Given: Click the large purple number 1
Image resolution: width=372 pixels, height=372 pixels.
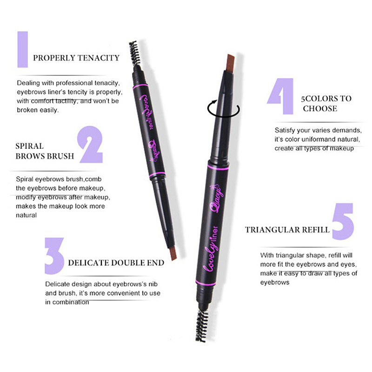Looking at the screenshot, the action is tap(22, 49).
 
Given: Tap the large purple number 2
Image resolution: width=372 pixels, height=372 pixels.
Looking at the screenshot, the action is tap(91, 144).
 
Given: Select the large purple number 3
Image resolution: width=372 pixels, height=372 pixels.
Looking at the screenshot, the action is tap(54, 256).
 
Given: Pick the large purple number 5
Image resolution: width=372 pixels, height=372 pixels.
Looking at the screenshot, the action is tap(343, 221).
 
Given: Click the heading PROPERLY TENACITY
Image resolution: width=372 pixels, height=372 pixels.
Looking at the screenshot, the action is tap(76, 58).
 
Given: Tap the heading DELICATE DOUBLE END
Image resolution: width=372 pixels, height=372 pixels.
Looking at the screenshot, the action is tap(116, 263).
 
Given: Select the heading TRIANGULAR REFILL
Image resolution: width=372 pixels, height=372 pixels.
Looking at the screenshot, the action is tap(287, 230).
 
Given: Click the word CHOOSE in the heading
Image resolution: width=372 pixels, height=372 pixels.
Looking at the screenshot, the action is tap(320, 109).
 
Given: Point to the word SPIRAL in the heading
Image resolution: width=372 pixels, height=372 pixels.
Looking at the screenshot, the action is tap(29, 146).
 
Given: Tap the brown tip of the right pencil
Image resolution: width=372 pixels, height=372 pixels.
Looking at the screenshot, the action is tap(230, 63).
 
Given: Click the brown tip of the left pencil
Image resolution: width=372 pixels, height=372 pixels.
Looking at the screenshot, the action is tap(173, 253).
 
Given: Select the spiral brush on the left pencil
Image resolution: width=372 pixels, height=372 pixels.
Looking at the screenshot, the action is tap(135, 53).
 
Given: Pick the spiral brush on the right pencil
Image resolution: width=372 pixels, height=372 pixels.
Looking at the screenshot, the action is tap(202, 325).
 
